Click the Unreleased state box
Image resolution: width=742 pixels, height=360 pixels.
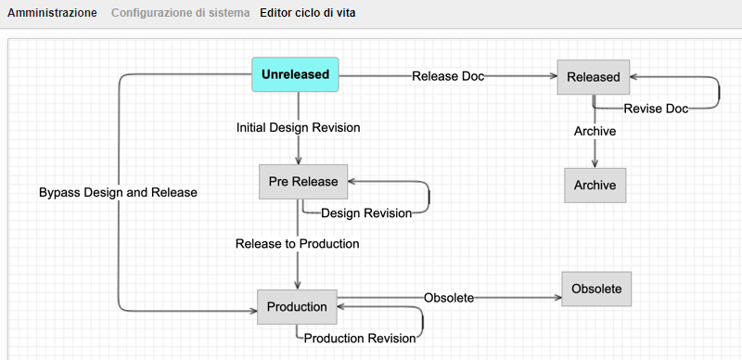click(296, 74)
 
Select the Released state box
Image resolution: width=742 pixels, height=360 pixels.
click(593, 77)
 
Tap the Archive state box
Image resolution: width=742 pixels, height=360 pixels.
click(595, 186)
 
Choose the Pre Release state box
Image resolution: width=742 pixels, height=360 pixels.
click(303, 181)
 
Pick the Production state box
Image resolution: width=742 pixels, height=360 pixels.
click(297, 307)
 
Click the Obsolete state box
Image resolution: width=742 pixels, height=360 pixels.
click(596, 288)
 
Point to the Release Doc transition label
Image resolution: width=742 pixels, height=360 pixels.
click(448, 77)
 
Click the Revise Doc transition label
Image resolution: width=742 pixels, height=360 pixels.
click(656, 109)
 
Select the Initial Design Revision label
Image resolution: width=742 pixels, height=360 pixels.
click(298, 127)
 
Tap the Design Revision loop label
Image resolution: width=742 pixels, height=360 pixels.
click(366, 213)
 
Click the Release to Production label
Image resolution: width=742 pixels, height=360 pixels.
click(297, 244)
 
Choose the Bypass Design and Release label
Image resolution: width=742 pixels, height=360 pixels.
click(118, 192)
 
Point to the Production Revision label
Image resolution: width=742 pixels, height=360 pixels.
click(359, 339)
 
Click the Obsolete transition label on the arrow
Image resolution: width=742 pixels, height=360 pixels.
click(449, 298)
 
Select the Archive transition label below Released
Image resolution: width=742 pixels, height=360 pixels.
click(595, 132)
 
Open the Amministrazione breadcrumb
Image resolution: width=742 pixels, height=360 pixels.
click(52, 13)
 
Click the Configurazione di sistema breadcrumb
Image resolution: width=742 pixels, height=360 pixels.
click(180, 13)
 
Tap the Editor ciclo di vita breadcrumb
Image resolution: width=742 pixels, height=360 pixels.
click(307, 13)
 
